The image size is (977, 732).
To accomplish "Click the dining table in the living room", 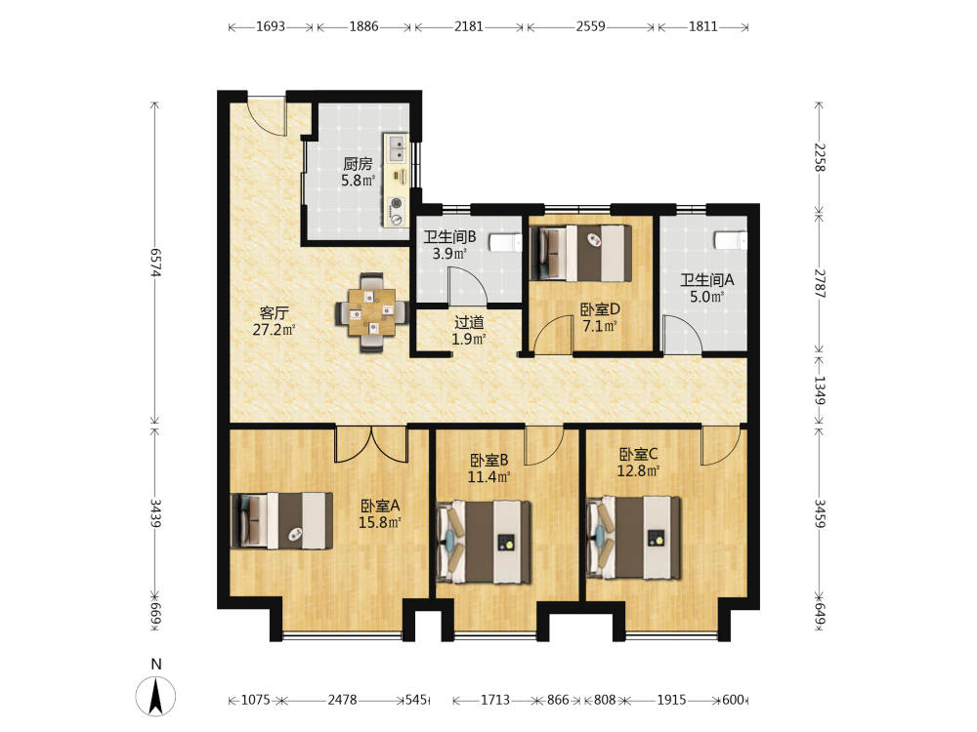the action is [372, 312].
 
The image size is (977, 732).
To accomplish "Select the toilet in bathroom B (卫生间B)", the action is [505, 242].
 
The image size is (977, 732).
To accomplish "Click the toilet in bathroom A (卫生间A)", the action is [730, 240].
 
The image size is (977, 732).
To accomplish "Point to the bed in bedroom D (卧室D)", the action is [580, 254].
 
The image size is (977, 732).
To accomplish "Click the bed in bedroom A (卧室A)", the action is [281, 520].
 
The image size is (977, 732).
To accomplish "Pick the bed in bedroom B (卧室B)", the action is [485, 542].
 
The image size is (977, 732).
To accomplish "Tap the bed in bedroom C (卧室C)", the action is [634, 537].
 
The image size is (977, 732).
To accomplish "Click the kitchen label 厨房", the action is [358, 164].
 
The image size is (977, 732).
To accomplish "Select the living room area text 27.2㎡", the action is [274, 330].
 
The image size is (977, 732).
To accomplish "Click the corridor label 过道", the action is [469, 322].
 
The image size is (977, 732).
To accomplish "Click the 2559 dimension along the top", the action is [590, 26].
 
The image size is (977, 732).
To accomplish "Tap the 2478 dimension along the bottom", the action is [342, 700].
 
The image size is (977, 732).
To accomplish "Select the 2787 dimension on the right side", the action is [820, 284].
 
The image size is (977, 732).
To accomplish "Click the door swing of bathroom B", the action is [467, 286].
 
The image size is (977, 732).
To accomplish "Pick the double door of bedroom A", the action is [371, 444].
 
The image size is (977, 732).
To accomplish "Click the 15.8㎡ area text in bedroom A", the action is [379, 523].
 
